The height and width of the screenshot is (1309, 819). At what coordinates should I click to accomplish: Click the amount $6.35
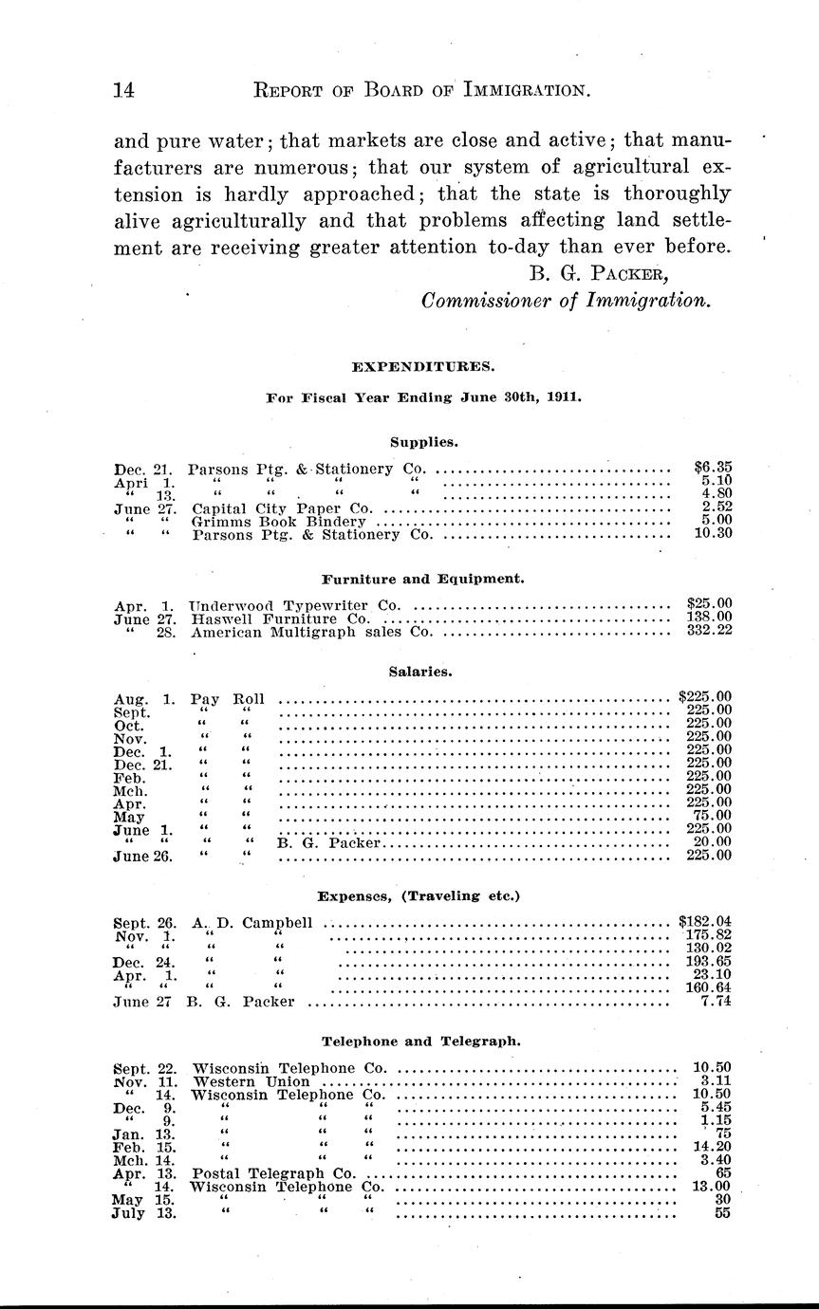tap(713, 468)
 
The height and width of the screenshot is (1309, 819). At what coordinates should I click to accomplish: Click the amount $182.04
tap(705, 921)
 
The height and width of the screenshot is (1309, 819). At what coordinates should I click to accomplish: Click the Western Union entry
tap(251, 1080)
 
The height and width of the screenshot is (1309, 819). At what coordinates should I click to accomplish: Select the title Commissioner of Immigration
tap(566, 301)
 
